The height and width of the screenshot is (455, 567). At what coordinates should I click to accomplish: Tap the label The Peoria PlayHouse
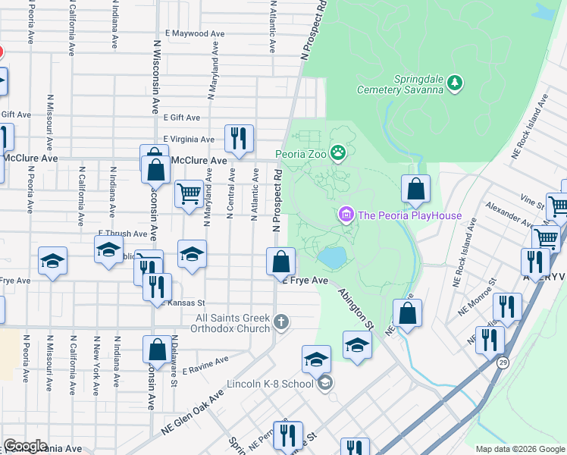pos(409,216)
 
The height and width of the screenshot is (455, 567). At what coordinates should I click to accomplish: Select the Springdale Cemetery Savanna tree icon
pos(455,82)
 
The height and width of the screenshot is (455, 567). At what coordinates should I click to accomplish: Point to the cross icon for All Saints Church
pos(281,322)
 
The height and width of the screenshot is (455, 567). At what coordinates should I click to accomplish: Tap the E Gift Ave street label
pos(182,118)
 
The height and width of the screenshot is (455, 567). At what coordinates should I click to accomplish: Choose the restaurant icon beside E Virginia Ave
pos(238,138)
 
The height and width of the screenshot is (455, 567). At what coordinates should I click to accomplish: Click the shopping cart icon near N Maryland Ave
pos(188,193)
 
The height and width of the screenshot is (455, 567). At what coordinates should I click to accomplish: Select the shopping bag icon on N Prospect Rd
pos(280,262)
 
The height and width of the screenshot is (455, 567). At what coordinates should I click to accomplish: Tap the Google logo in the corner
pos(25,446)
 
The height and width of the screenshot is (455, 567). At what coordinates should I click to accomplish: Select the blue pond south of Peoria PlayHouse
pos(332,258)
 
